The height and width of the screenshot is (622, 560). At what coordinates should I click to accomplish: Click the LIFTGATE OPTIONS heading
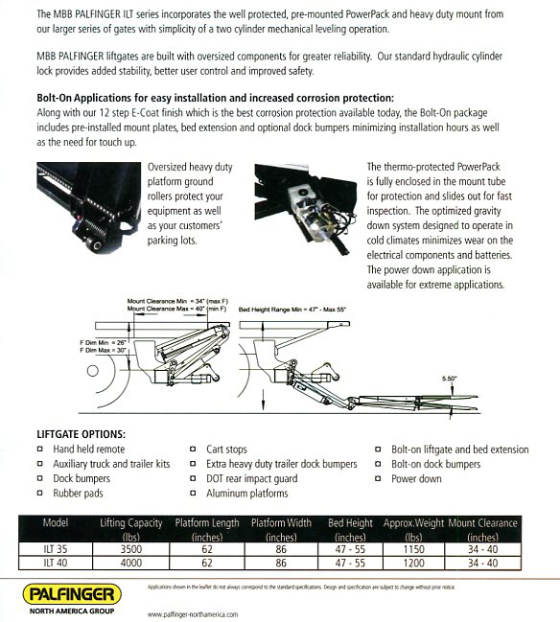click(81, 433)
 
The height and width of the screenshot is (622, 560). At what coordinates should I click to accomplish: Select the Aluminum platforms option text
click(246, 493)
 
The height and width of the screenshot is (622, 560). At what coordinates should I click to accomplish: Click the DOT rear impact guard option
click(252, 478)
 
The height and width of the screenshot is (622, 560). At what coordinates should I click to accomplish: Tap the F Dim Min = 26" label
click(105, 341)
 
